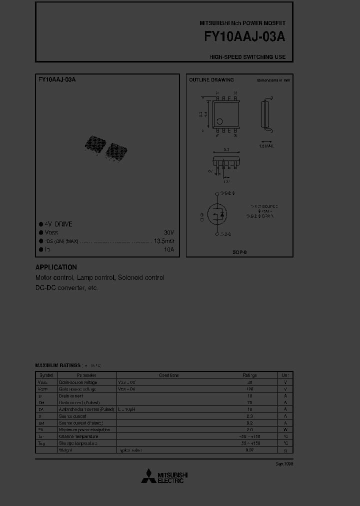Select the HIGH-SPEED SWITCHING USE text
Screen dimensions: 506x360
(247, 57)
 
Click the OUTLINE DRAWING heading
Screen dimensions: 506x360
(211, 80)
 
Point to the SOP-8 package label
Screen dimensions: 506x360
(240, 252)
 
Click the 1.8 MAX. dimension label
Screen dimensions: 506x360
(266, 146)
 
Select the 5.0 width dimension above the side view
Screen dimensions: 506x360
(226, 149)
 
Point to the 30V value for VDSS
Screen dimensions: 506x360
(169, 232)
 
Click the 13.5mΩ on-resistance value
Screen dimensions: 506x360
(164, 241)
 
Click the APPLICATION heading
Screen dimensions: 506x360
(56, 267)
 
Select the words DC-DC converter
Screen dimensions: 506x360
(59, 288)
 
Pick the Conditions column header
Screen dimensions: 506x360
(169, 375)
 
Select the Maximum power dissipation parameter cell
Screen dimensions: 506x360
(84, 429)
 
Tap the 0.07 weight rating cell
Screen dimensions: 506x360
(249, 450)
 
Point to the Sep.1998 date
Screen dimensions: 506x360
(284, 464)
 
